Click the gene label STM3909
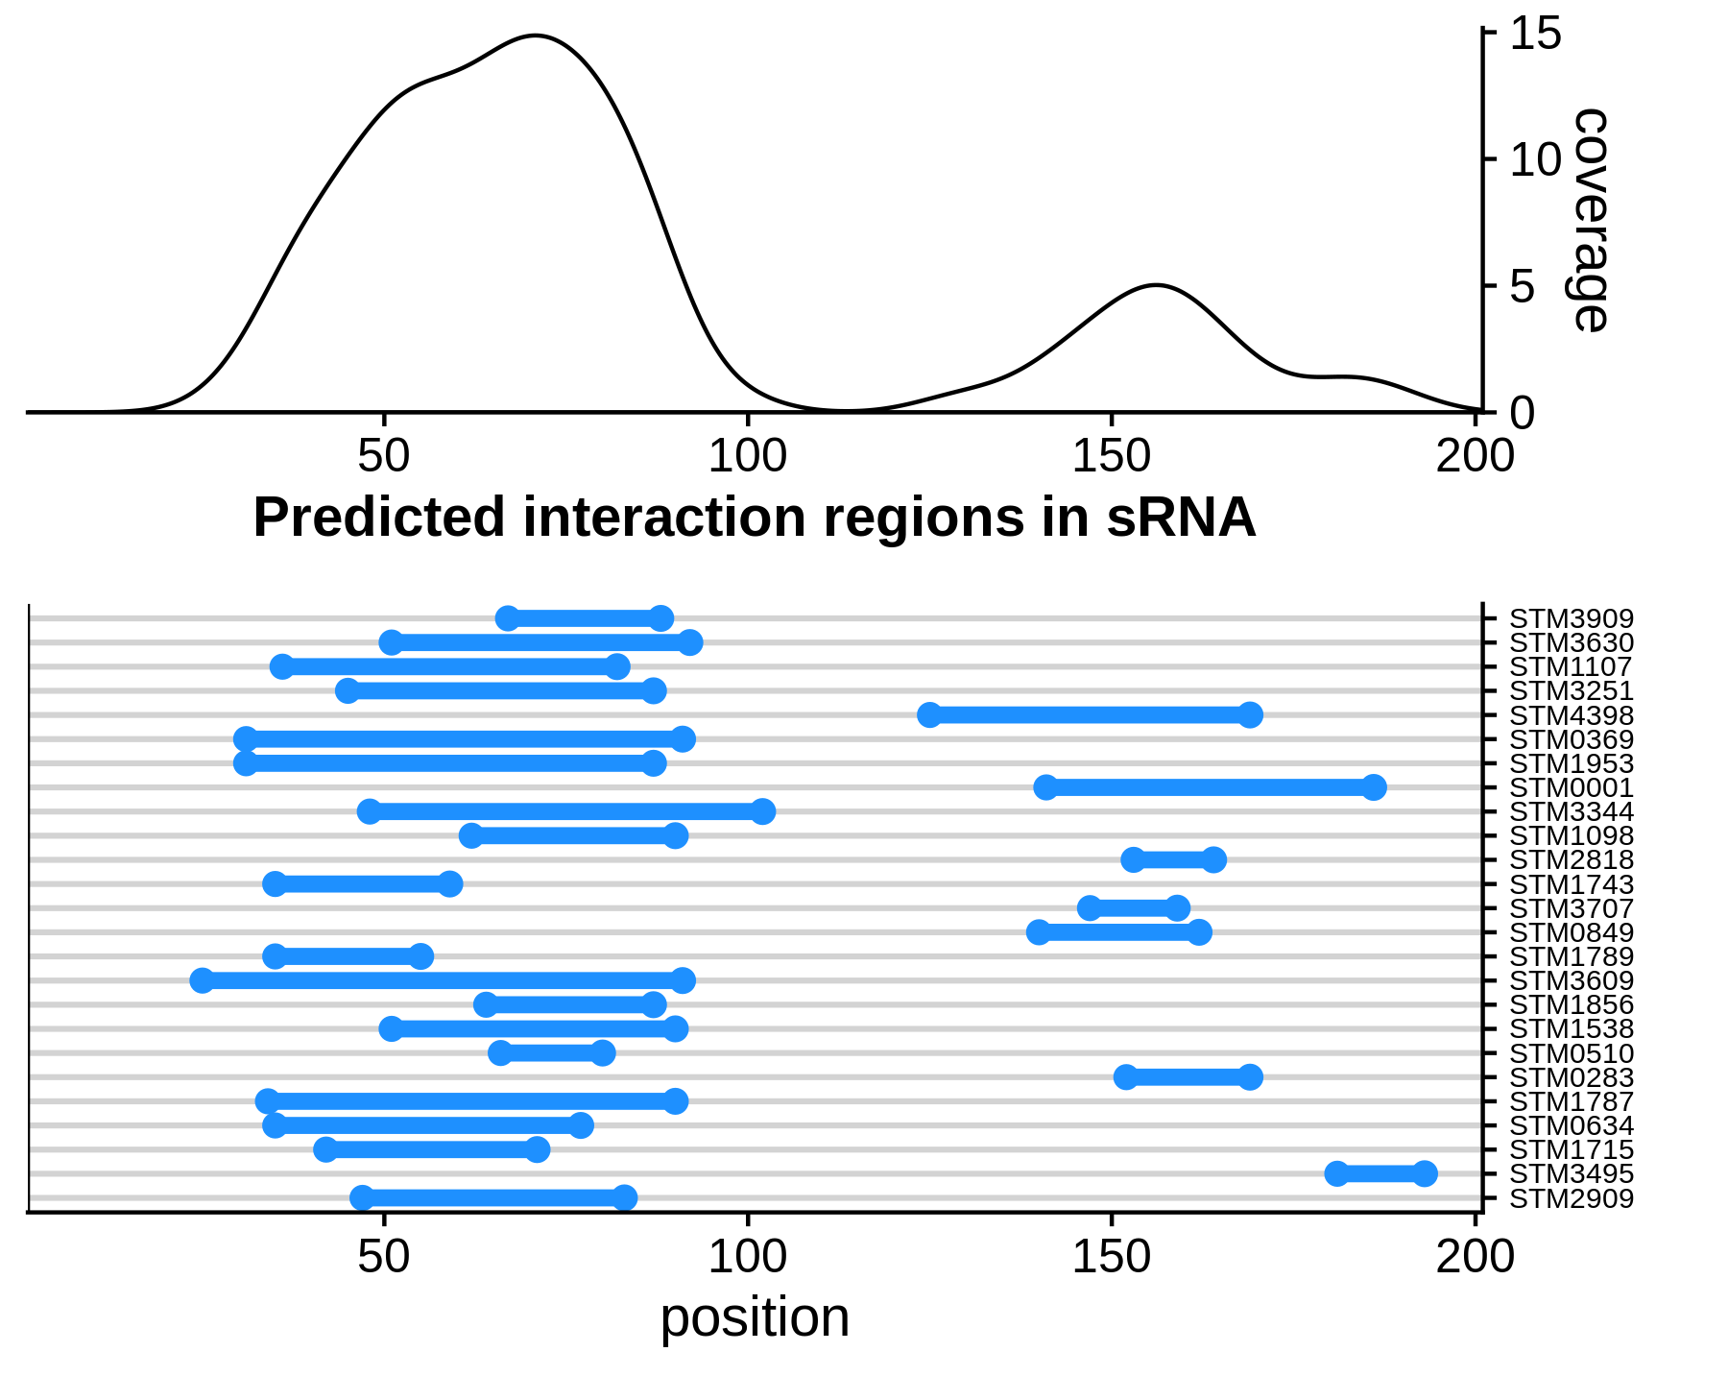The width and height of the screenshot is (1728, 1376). click(x=1571, y=619)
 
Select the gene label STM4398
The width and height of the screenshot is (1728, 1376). click(x=1571, y=715)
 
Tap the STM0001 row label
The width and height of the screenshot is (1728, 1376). click(x=1571, y=788)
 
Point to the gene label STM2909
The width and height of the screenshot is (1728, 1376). click(x=1571, y=1198)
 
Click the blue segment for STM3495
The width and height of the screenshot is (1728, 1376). click(x=1380, y=1173)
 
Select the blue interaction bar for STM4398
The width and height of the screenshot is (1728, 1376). click(x=1089, y=714)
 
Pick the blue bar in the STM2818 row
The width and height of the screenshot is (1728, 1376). click(x=1173, y=859)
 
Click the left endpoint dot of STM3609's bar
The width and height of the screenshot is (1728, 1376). click(x=203, y=980)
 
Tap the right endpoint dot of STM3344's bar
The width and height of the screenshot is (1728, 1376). click(x=762, y=811)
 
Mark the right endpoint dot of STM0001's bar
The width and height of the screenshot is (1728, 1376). click(x=1374, y=787)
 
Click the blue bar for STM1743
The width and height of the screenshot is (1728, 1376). click(x=363, y=884)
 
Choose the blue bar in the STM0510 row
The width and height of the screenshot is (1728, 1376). click(x=551, y=1053)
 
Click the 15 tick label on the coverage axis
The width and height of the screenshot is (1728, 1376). click(x=1536, y=35)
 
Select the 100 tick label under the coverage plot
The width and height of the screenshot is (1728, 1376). click(x=747, y=455)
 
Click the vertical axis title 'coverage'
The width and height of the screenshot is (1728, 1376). click(x=1589, y=220)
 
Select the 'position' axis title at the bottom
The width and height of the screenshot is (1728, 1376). click(x=755, y=1317)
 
